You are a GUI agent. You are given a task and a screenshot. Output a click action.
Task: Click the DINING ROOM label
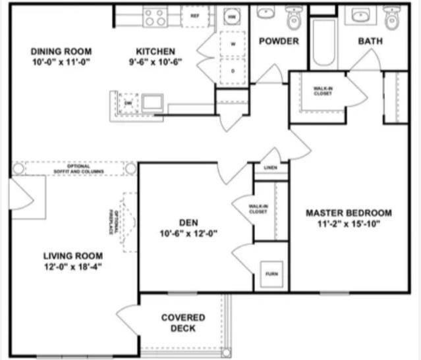point(61,51)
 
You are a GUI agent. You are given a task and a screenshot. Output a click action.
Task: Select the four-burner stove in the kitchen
point(155,16)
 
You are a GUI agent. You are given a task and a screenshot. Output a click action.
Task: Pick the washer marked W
point(233,45)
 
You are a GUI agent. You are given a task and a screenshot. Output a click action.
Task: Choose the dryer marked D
point(233,70)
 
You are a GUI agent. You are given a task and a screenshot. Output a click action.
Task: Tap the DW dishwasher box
point(128,103)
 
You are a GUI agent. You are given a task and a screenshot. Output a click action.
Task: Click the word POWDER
point(278,41)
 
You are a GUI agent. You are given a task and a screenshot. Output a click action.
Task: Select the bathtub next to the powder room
point(323,43)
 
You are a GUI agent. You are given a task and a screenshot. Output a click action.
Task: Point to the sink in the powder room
point(266,14)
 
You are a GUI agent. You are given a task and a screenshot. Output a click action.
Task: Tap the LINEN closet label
point(271,167)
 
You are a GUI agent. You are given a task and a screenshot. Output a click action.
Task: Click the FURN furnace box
point(271,272)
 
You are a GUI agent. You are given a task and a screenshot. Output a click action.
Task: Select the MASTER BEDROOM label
point(349,213)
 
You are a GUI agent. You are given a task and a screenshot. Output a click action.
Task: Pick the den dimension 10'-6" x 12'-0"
point(188,233)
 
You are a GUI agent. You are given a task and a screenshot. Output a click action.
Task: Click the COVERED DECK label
point(182,322)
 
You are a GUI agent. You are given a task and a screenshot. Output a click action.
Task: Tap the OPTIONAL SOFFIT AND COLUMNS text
point(74,168)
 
